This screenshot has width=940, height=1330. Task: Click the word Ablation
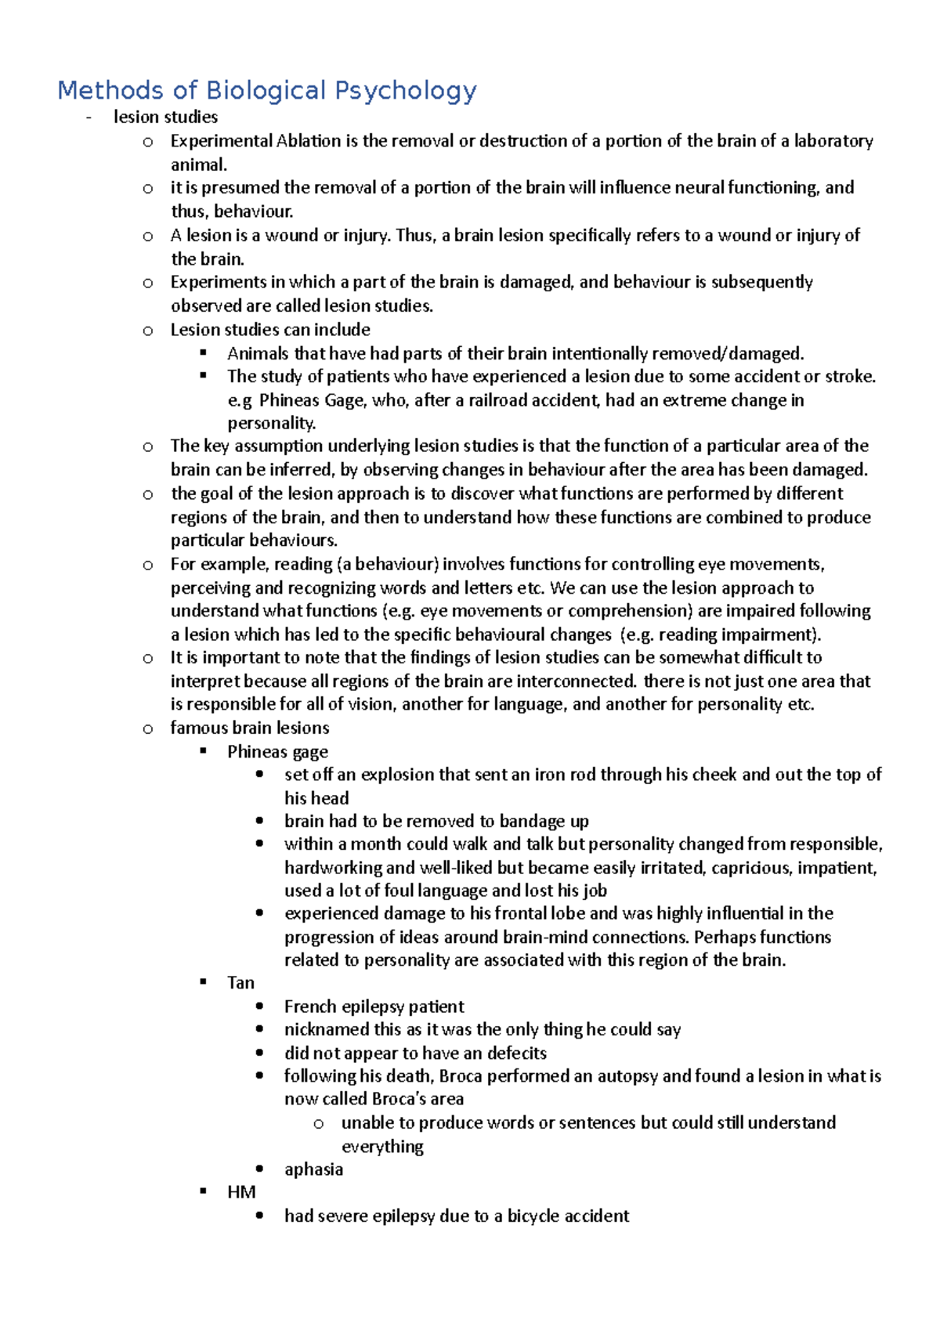(x=309, y=141)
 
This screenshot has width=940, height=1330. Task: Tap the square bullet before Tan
(x=204, y=982)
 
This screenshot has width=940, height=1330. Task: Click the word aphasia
(x=313, y=1169)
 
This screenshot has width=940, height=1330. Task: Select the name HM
(x=241, y=1192)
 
